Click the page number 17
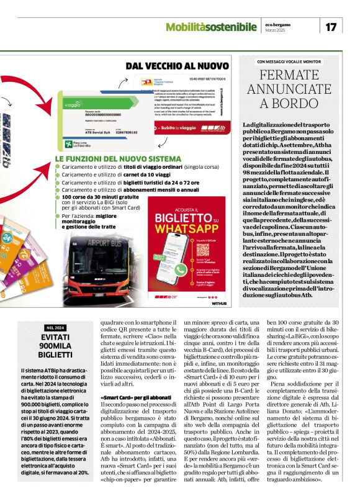pos(331,27)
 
